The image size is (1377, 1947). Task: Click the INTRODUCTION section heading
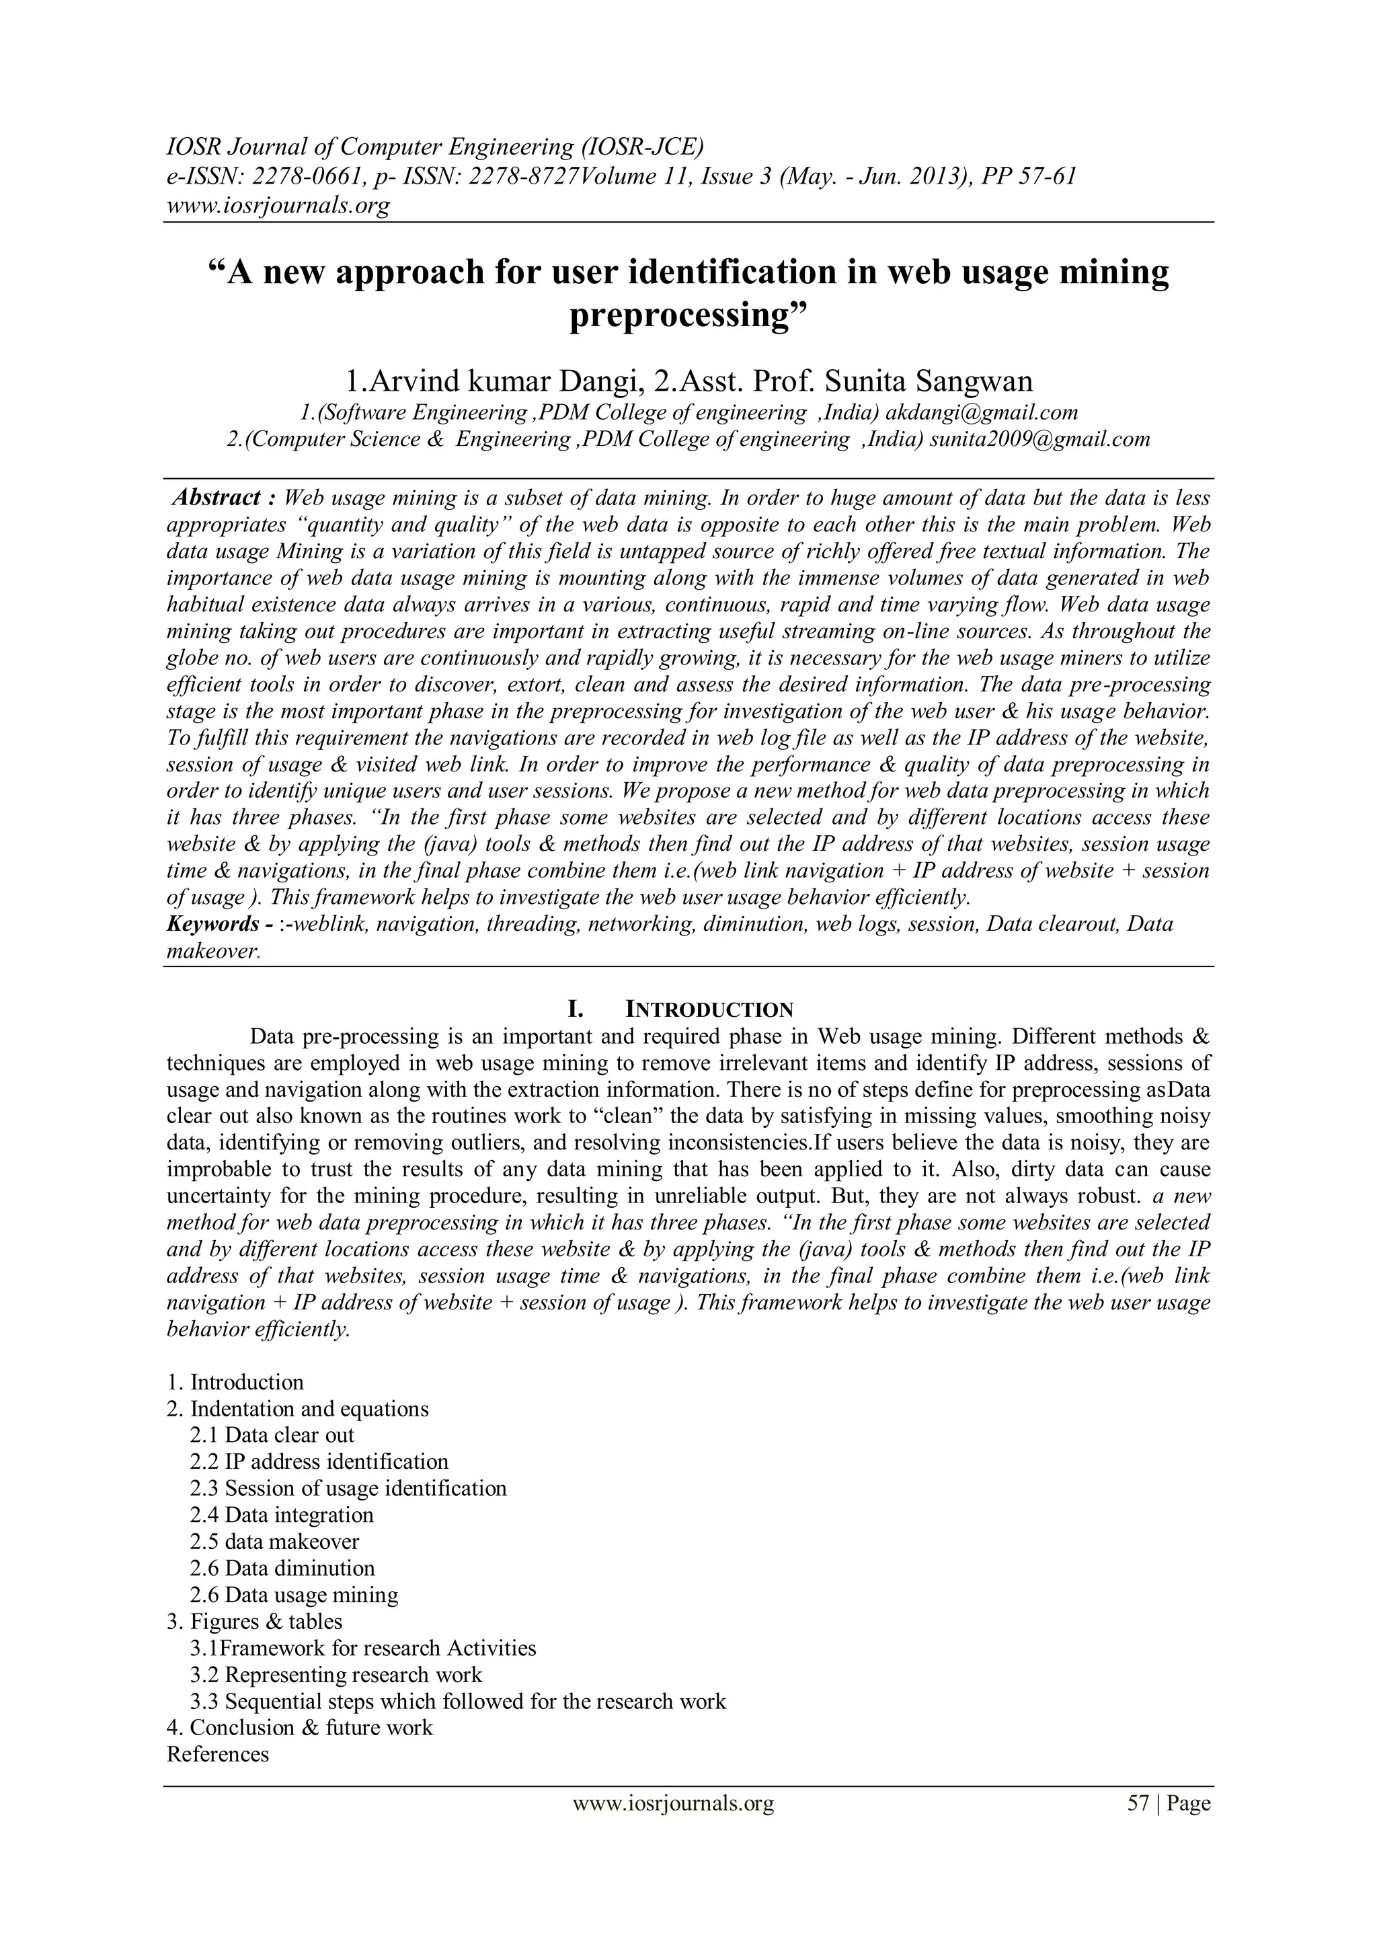(709, 1010)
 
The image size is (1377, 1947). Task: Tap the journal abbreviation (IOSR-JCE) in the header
(642, 147)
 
